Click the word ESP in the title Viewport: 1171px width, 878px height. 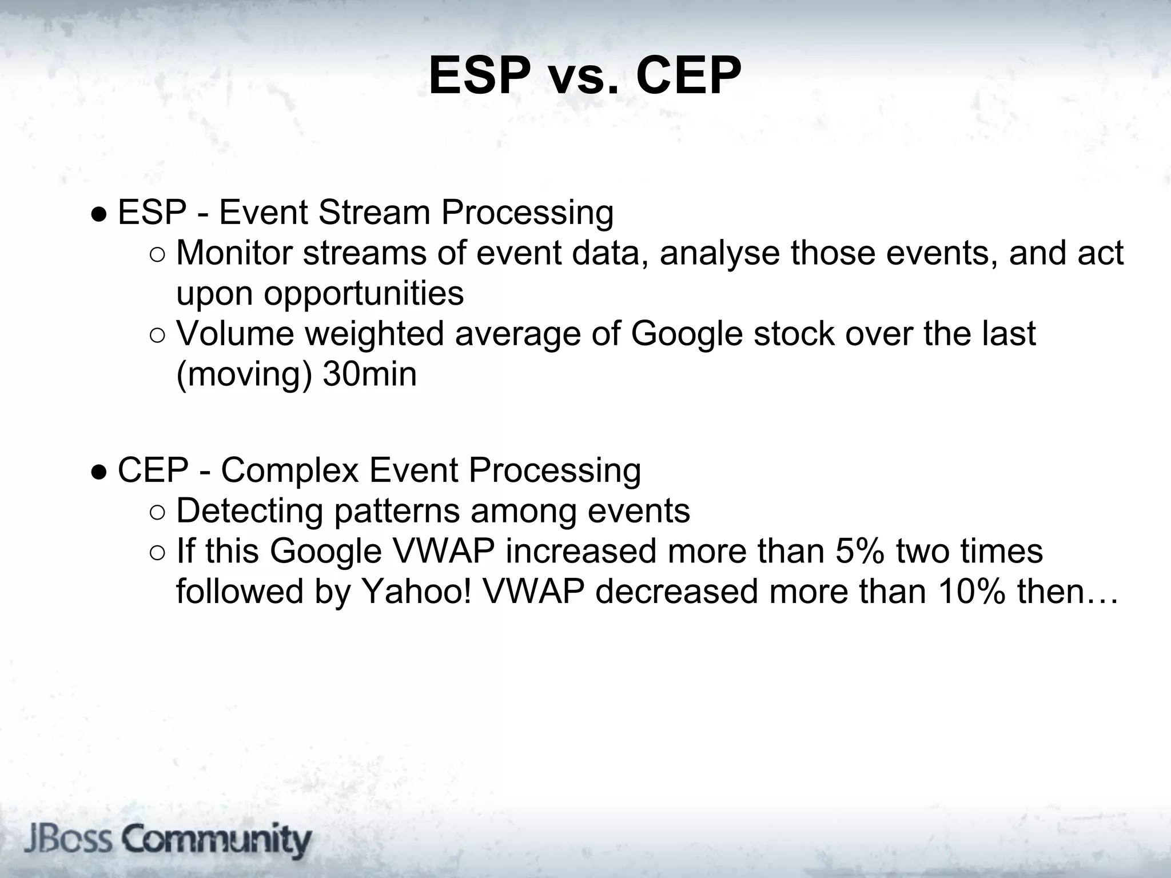(479, 77)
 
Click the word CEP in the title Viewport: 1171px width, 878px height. (688, 77)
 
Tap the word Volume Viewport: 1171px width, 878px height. (235, 334)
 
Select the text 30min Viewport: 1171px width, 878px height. (369, 374)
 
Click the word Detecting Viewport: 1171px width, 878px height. (249, 512)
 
